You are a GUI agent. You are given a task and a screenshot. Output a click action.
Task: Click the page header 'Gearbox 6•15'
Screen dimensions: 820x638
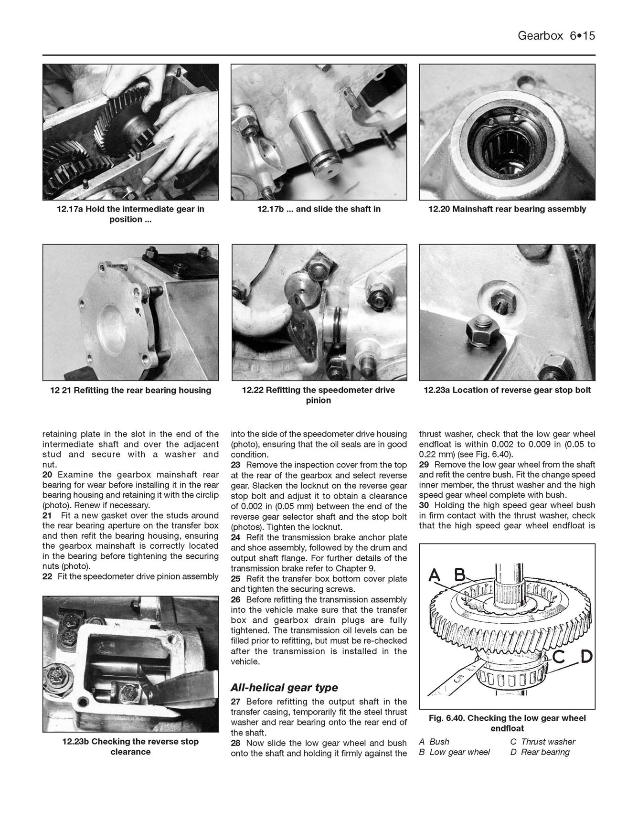tap(556, 36)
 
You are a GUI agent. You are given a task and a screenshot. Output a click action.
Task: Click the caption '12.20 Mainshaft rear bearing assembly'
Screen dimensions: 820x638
tap(507, 209)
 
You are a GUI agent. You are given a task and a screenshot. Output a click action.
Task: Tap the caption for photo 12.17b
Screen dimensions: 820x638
tap(319, 209)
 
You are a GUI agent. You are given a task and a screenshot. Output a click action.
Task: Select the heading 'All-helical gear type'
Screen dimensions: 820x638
tap(284, 688)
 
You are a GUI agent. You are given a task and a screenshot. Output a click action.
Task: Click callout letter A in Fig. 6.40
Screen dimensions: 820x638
tap(435, 576)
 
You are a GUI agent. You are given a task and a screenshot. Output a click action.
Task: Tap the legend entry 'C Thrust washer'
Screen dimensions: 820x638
tap(543, 742)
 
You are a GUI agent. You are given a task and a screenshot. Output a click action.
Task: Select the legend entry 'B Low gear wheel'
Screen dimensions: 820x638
tap(454, 752)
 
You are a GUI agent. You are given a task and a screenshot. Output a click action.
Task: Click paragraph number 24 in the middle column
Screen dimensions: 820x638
tap(235, 537)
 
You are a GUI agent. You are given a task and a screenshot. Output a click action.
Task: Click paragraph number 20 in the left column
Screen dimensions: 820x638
tap(47, 475)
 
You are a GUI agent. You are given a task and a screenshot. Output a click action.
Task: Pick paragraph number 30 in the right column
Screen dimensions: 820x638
tap(424, 505)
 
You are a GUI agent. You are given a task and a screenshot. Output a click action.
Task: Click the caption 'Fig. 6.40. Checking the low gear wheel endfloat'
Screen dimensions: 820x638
tap(507, 723)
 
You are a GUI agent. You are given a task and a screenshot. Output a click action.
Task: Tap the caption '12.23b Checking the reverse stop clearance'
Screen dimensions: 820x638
tap(130, 746)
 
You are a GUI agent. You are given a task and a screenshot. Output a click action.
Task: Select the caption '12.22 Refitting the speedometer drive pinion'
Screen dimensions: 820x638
tap(319, 395)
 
